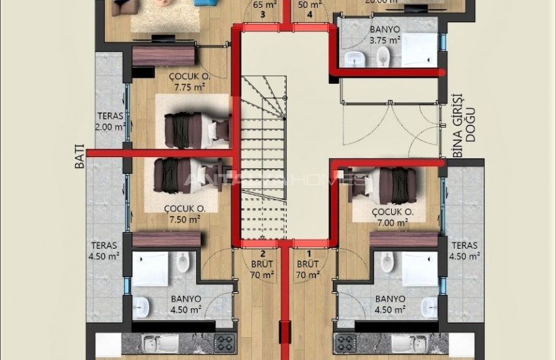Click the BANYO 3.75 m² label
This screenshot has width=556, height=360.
[x=385, y=35]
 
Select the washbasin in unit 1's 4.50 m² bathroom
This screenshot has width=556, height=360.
[x=429, y=305]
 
